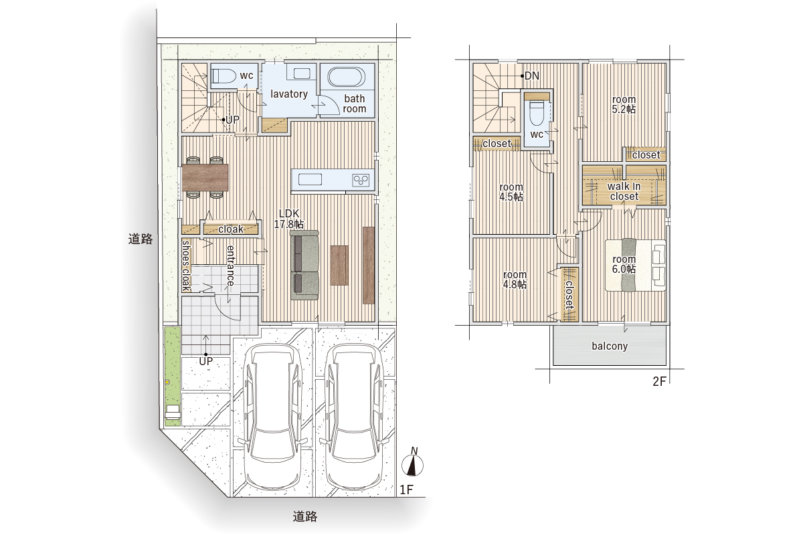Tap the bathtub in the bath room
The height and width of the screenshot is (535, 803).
point(347,77)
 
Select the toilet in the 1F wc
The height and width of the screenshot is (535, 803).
point(222,76)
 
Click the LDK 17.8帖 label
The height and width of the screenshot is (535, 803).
point(288,219)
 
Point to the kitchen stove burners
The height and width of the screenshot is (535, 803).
point(361,180)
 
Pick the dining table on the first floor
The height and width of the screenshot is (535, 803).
point(205,177)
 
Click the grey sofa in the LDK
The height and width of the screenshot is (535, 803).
point(304,265)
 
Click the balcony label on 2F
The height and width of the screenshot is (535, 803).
point(610,346)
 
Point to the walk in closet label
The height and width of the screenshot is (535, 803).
point(624,191)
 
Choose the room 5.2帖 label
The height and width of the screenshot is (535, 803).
point(624,104)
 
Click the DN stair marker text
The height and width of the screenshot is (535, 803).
point(531,76)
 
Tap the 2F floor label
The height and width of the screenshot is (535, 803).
point(659,382)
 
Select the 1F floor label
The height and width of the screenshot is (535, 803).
point(407,490)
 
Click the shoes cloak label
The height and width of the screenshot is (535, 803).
point(186,266)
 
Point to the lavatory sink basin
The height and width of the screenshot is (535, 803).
point(302,74)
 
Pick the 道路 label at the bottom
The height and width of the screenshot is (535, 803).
point(305,516)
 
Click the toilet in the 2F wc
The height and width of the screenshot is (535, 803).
point(537,112)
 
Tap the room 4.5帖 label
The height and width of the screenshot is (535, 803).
point(511,192)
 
